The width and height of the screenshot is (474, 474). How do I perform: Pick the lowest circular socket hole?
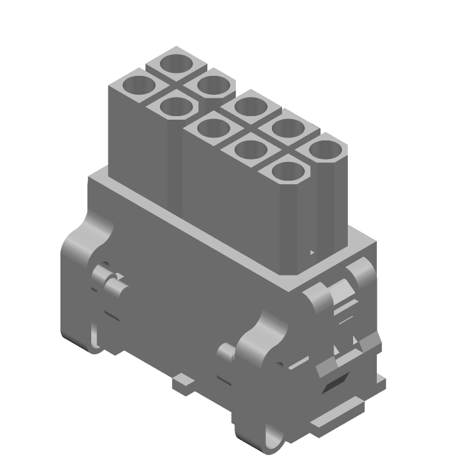tap(289, 172)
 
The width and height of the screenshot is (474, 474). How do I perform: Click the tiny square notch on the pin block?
tap(313, 253)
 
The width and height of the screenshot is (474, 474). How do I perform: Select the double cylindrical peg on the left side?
tap(110, 281)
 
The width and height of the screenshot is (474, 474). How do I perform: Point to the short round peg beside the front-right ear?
tap(227, 354)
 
